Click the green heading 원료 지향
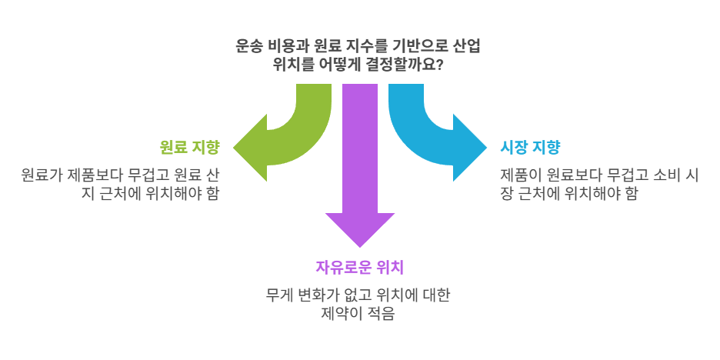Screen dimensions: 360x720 tap(189, 146)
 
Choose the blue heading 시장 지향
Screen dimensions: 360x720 tap(530, 146)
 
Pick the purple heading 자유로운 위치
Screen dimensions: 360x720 tap(360, 268)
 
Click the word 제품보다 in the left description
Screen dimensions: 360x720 tap(99, 175)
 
